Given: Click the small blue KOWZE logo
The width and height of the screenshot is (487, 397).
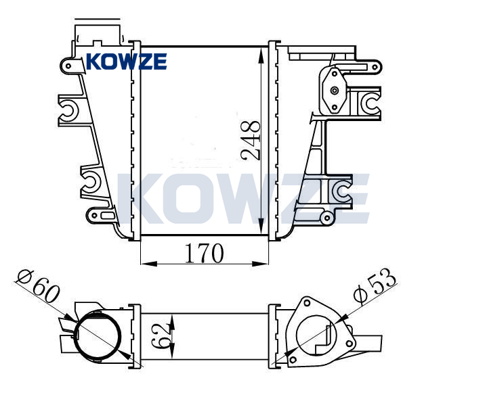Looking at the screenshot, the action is (x=127, y=62).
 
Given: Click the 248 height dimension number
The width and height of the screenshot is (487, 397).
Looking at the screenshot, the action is (x=251, y=141).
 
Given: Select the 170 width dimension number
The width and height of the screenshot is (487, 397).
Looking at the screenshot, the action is (x=204, y=254).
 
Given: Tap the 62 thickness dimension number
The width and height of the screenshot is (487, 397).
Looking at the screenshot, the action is (x=161, y=336).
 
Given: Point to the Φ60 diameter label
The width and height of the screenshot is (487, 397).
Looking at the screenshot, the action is (x=38, y=286).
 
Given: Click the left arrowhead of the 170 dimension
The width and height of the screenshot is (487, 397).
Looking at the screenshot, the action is (x=148, y=264).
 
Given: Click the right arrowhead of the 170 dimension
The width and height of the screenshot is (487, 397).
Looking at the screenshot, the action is (x=260, y=264).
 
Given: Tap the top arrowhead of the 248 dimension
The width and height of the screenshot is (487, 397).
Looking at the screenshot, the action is (x=261, y=56).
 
